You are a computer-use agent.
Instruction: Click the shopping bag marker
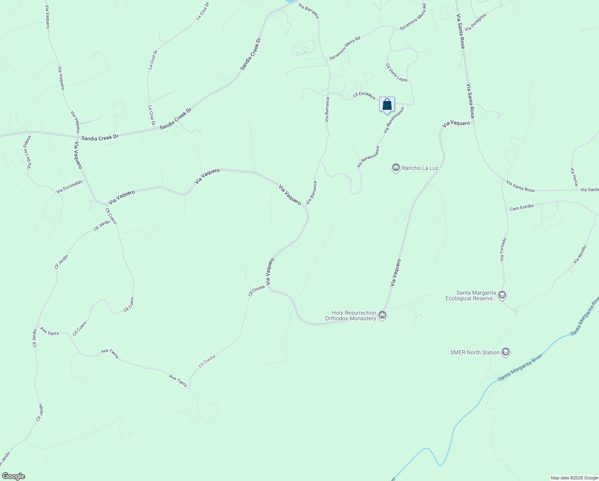click(x=387, y=105)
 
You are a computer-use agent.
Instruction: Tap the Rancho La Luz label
click(x=420, y=168)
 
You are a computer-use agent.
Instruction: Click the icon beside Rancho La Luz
click(x=396, y=168)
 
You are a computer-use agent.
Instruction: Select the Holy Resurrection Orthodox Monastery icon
click(x=382, y=315)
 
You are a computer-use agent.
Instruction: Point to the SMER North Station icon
click(x=505, y=352)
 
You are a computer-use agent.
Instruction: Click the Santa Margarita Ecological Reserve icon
click(x=502, y=295)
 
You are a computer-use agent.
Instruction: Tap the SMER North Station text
click(x=475, y=352)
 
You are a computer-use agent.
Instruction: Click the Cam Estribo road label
click(x=521, y=207)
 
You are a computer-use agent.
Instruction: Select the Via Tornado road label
click(x=503, y=249)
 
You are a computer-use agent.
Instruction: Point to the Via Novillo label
click(x=579, y=254)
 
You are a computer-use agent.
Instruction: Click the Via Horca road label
click(x=574, y=176)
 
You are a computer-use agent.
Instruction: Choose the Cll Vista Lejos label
click(x=396, y=73)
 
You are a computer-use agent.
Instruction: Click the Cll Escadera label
click(x=364, y=96)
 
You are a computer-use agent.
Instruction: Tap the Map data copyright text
click(x=574, y=478)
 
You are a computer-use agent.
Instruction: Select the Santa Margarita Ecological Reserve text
click(x=471, y=295)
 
